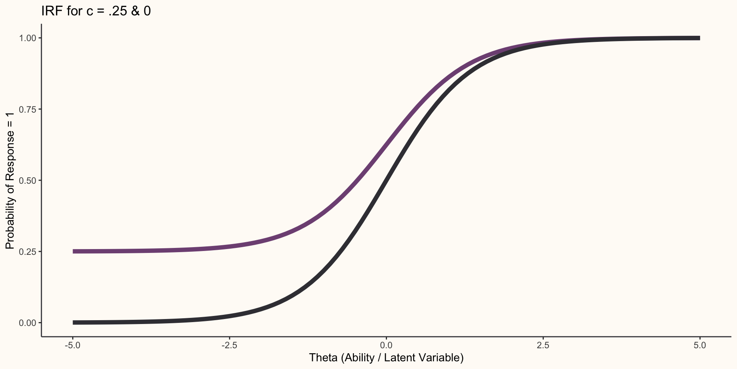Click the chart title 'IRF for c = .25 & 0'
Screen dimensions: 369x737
[x=96, y=11]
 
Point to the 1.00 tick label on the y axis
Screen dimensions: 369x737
[x=28, y=38]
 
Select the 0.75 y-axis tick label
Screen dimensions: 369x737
[x=28, y=109]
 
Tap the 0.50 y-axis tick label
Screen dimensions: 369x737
[x=28, y=180]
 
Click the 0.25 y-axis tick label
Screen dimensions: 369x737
[x=28, y=251]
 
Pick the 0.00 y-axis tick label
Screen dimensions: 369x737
[x=28, y=322]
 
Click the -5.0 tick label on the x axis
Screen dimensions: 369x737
[x=73, y=345]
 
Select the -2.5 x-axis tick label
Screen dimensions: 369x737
[x=229, y=345]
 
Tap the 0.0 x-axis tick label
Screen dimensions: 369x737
[x=386, y=345]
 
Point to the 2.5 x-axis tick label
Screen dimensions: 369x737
[x=543, y=345]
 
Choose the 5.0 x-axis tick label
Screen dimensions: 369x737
[x=700, y=345]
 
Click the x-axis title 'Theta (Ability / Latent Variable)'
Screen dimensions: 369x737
[x=386, y=358]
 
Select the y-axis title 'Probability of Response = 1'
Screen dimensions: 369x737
[x=10, y=180]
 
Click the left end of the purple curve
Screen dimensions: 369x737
[x=73, y=251]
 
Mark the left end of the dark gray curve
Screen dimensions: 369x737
[x=73, y=322]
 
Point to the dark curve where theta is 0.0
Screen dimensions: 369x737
[x=386, y=180]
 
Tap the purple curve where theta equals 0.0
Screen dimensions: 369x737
[x=386, y=145]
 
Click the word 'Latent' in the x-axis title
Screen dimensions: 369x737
[x=400, y=358]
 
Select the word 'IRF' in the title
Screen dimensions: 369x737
[x=50, y=11]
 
